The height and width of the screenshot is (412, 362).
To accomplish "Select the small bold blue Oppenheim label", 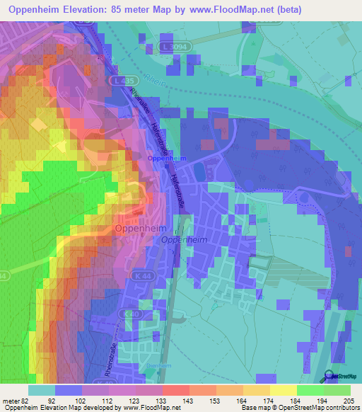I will pos(167,159).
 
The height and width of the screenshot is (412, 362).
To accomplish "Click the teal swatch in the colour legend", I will pos(42,390).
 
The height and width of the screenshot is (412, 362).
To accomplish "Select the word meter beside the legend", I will pos(13,401).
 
